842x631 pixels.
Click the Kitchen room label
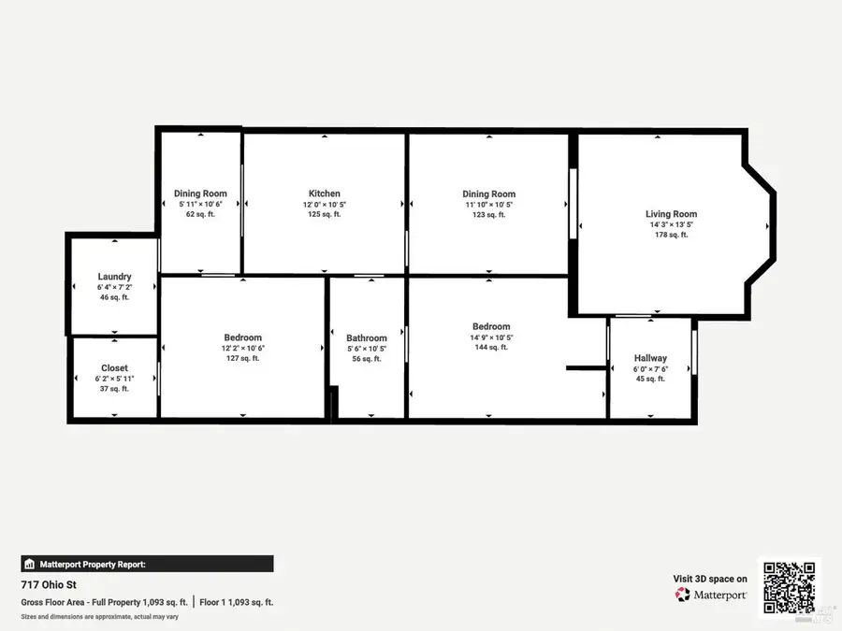(x=325, y=194)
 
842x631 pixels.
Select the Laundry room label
(x=114, y=277)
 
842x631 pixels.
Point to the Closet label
(x=114, y=368)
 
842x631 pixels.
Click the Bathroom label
(x=367, y=338)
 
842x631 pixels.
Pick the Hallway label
(x=650, y=358)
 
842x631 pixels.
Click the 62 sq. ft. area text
(x=200, y=214)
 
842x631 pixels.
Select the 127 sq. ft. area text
(x=242, y=358)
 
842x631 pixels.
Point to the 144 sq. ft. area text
(x=491, y=347)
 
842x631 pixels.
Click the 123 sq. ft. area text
(x=488, y=214)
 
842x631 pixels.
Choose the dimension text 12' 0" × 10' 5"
(x=325, y=204)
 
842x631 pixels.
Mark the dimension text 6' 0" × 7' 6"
(x=650, y=368)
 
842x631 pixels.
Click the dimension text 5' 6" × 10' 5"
(x=367, y=349)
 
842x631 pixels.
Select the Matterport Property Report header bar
(x=147, y=564)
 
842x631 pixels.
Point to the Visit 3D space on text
(x=710, y=579)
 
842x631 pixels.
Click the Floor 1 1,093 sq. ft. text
(x=236, y=602)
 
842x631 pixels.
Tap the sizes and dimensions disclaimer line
(x=99, y=617)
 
